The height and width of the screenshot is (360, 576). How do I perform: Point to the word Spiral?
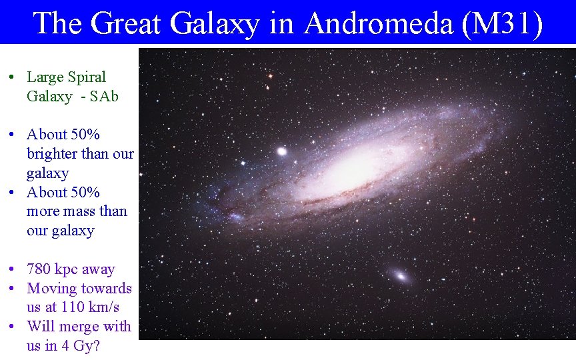pos(85,77)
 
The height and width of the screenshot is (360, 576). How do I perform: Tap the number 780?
pos(39,269)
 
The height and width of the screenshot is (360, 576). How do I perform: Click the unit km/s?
pos(105,308)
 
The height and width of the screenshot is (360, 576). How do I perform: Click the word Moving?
pos(51,289)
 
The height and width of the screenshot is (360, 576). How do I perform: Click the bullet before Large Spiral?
pos(12,78)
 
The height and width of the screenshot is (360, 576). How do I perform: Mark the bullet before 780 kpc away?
pos(12,270)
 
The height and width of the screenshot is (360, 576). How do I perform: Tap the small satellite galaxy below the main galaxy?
pos(401,275)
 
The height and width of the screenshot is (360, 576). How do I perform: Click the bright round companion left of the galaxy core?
pos(281,151)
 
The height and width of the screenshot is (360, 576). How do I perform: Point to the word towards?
pos(107,289)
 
